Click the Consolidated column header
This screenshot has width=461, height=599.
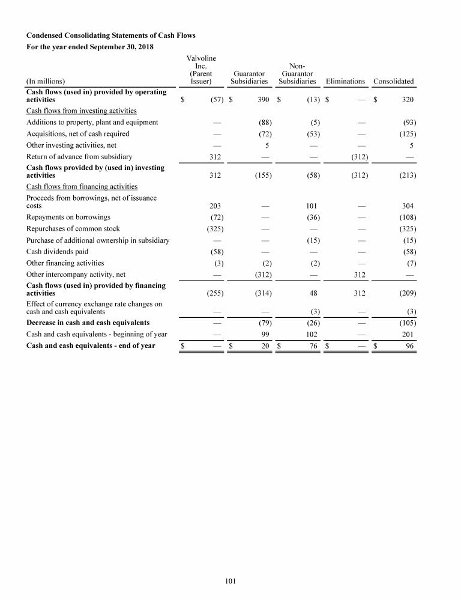(393, 81)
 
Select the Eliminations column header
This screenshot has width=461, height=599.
(345, 81)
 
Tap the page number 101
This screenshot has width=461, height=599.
(230, 581)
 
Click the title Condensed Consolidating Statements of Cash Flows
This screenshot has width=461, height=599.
(111, 35)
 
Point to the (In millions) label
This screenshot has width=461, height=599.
(46, 81)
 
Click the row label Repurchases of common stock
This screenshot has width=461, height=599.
(73, 229)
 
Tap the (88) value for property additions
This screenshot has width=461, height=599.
(262, 123)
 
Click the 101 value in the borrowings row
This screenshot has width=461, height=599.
(311, 206)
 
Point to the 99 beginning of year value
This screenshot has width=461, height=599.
(264, 334)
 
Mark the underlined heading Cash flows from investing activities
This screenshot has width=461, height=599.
(81, 111)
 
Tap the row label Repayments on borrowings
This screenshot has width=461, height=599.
(68, 217)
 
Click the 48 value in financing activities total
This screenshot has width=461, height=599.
(313, 293)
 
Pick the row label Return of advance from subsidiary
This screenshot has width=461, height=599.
(79, 157)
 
